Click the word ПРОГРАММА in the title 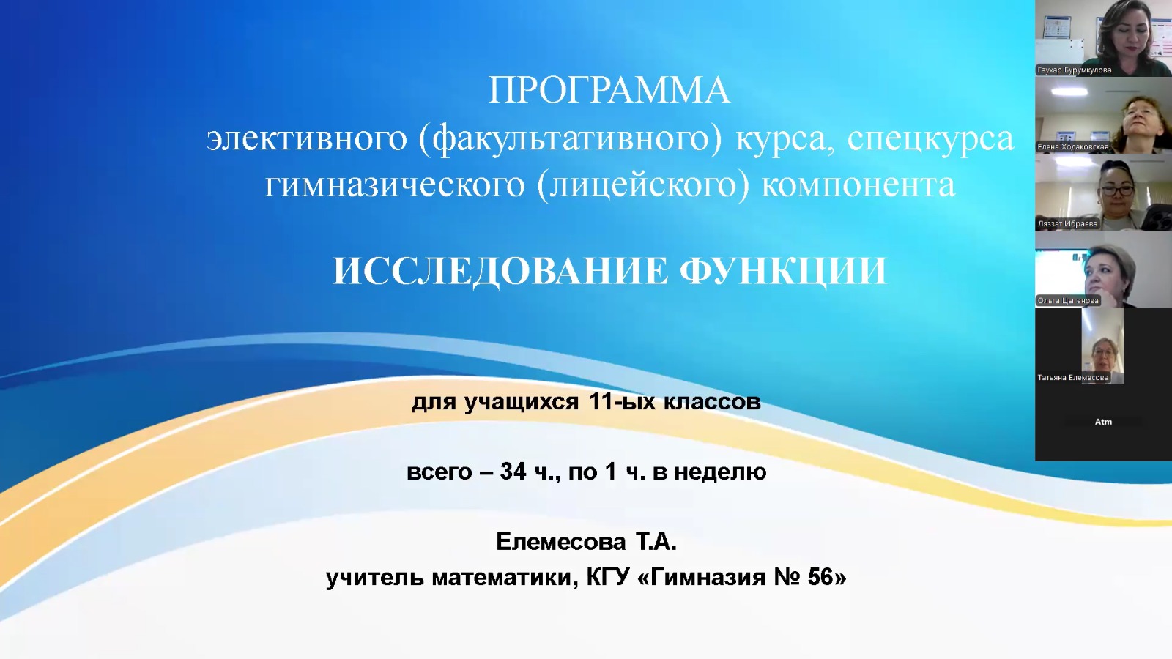[x=609, y=91]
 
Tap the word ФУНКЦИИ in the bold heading [x=783, y=272]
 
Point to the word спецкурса [x=930, y=139]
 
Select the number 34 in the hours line [x=513, y=472]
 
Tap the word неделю [x=720, y=472]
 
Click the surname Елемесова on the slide [x=560, y=542]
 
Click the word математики [x=505, y=578]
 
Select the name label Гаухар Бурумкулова [x=1074, y=70]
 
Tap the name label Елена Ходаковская [x=1072, y=147]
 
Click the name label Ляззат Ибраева [x=1067, y=224]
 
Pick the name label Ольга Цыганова [x=1068, y=301]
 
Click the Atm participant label [x=1103, y=422]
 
